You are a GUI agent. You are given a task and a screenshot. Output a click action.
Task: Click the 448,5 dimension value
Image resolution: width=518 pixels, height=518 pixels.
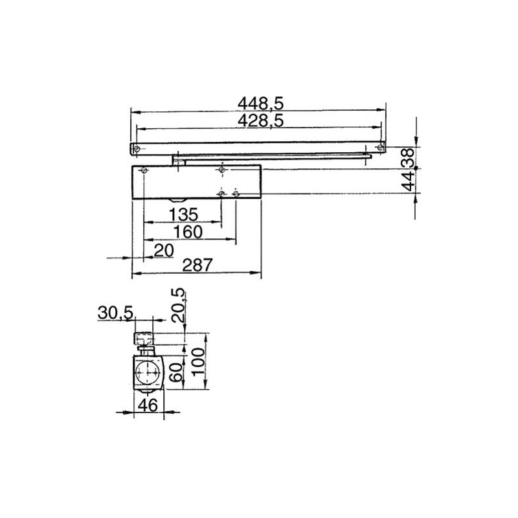click(261, 104)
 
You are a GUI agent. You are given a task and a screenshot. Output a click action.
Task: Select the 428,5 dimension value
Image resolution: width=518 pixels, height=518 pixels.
click(261, 121)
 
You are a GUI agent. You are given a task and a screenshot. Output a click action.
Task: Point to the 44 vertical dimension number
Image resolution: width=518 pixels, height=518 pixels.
click(409, 182)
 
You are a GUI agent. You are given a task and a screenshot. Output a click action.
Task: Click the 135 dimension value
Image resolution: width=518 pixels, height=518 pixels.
click(183, 215)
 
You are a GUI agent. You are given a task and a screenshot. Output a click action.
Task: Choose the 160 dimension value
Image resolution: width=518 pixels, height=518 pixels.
click(188, 232)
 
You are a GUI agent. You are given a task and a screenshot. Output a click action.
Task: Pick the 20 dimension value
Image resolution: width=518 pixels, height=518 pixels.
click(164, 251)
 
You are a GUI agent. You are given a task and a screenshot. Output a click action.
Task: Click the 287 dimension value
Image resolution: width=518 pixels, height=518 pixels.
click(197, 265)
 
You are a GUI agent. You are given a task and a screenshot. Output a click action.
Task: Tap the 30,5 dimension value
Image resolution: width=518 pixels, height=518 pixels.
click(115, 313)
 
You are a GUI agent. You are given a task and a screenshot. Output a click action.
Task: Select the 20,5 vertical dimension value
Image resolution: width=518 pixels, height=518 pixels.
click(178, 306)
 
